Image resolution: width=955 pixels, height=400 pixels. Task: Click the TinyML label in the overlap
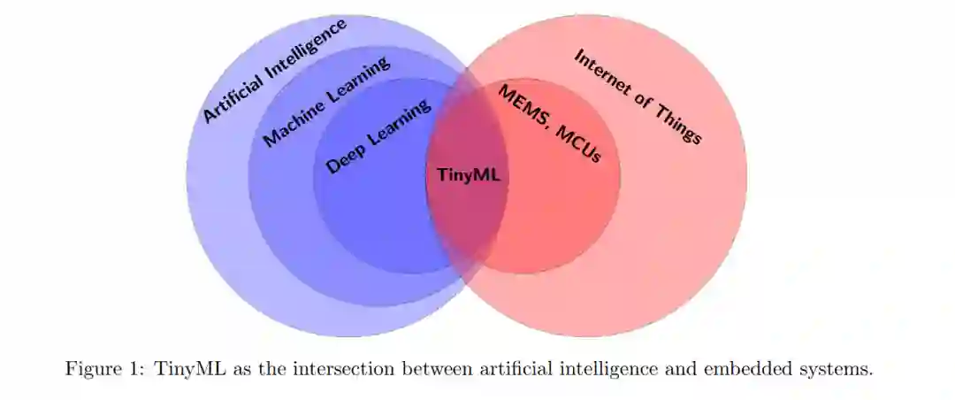tap(469, 174)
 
